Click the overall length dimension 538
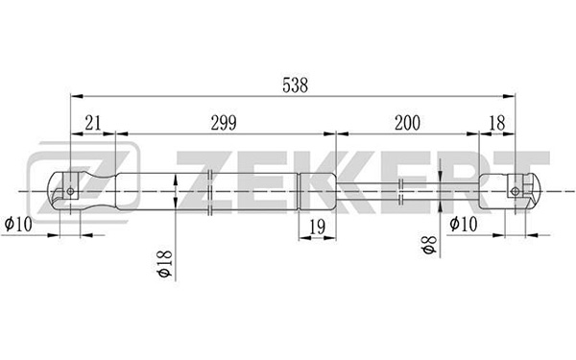[295, 85]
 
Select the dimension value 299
[224, 123]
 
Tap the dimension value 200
[407, 123]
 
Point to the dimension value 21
[92, 123]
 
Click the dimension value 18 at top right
[497, 123]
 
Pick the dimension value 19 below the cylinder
[318, 227]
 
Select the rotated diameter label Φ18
[164, 264]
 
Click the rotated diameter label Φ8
[429, 245]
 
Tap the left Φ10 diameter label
[18, 224]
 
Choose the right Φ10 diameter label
[464, 224]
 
